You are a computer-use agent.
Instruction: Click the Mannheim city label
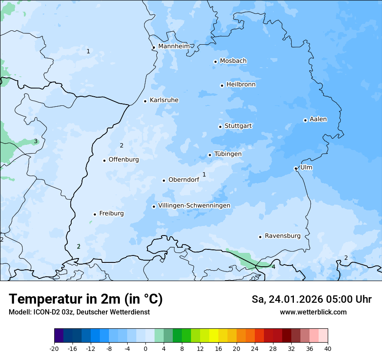pyautogui.click(x=174, y=46)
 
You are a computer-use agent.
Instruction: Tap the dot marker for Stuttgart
pyautogui.click(x=220, y=127)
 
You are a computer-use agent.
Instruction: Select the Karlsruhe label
pyautogui.click(x=164, y=100)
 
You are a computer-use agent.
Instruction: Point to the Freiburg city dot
pyautogui.click(x=95, y=214)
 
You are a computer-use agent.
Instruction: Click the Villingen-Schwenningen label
pyautogui.click(x=194, y=206)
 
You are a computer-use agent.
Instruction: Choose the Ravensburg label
pyautogui.click(x=283, y=236)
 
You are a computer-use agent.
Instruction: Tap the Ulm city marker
pyautogui.click(x=296, y=168)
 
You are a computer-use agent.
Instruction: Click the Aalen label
pyautogui.click(x=318, y=119)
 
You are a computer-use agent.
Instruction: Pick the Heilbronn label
pyautogui.click(x=241, y=85)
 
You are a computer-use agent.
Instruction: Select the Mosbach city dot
pyautogui.click(x=215, y=62)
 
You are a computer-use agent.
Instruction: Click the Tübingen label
pyautogui.click(x=228, y=154)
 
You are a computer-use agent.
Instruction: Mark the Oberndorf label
pyautogui.click(x=184, y=180)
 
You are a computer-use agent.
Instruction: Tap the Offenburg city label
pyautogui.click(x=124, y=160)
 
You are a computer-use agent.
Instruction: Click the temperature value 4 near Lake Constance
pyautogui.click(x=273, y=267)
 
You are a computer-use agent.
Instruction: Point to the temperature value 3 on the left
pyautogui.click(x=36, y=141)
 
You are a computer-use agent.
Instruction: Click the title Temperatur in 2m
pyautogui.click(x=86, y=299)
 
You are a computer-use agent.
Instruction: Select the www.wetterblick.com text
pyautogui.click(x=313, y=312)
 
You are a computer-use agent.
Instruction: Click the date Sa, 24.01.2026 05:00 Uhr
pyautogui.click(x=311, y=299)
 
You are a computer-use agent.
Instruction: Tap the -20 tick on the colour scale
pyautogui.click(x=54, y=348)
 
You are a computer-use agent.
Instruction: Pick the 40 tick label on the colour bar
pyautogui.click(x=328, y=348)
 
